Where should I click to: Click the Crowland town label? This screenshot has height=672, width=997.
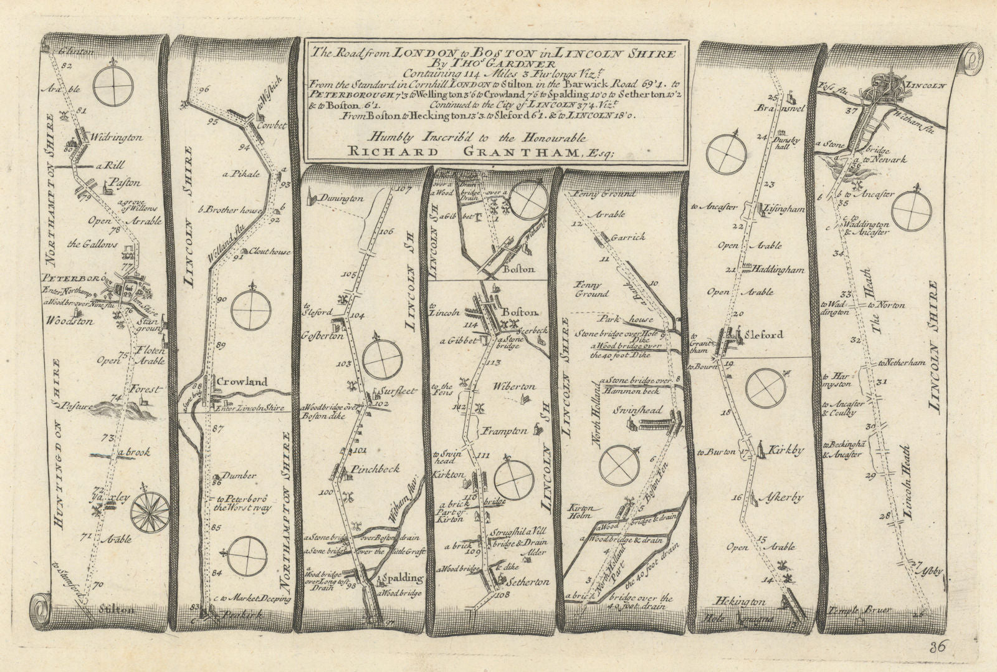[242, 382]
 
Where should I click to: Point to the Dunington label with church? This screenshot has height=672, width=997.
[343, 198]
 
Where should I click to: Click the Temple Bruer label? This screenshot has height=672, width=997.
[857, 610]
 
